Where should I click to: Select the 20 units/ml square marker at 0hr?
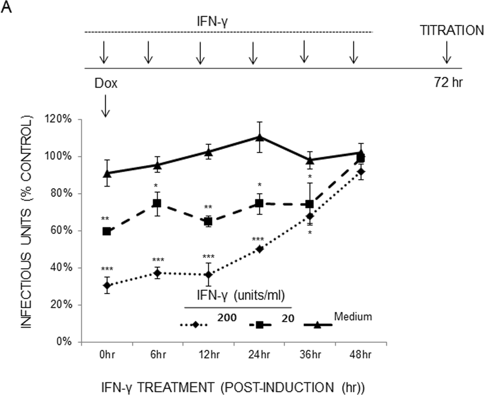(x=107, y=231)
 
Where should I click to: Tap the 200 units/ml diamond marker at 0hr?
(x=107, y=286)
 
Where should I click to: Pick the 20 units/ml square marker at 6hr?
(x=158, y=203)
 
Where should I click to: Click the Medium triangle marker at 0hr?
(x=107, y=173)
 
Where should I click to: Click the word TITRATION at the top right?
(x=452, y=31)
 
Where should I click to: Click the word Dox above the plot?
(x=106, y=84)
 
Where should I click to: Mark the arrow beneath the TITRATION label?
(x=446, y=54)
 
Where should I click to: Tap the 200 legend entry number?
(x=227, y=319)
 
